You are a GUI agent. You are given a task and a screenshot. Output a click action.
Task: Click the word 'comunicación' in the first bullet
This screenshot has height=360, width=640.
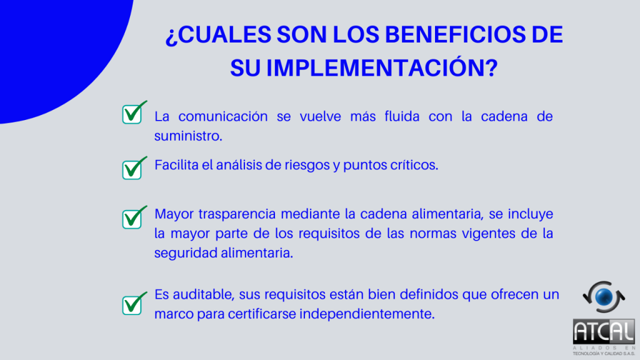point(223,116)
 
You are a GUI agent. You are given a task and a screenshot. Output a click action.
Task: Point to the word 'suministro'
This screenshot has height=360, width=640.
point(188,136)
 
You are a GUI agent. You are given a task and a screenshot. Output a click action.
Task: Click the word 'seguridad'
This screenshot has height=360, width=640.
point(186,253)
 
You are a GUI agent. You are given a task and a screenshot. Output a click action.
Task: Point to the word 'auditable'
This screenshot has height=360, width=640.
point(204,294)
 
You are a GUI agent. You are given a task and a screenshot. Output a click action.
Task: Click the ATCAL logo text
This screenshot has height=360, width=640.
point(604,331)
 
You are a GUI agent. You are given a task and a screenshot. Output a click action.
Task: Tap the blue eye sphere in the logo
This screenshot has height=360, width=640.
point(604,297)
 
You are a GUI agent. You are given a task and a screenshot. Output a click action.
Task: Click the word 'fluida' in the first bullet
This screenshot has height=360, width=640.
point(402,116)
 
